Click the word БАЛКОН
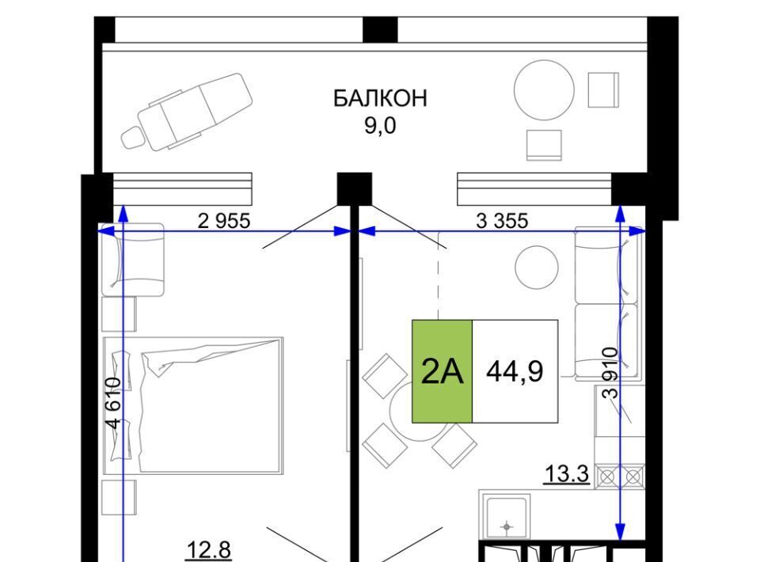(x=380, y=98)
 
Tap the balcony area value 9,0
(x=380, y=126)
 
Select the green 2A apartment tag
(x=442, y=371)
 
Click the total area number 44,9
(x=515, y=371)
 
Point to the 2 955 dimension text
(x=224, y=221)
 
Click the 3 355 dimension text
(x=502, y=221)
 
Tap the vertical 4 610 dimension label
(x=113, y=403)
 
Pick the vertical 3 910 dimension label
(x=610, y=373)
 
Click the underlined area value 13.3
(x=567, y=473)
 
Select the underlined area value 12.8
(x=208, y=551)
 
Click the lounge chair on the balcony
(x=187, y=111)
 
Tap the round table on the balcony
(x=544, y=90)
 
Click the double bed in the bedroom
(x=193, y=406)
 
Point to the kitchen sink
(x=507, y=518)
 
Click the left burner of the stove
(x=608, y=477)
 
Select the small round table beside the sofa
(x=537, y=267)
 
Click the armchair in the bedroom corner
(x=132, y=260)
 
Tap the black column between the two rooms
(x=355, y=189)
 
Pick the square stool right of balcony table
(x=603, y=89)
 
